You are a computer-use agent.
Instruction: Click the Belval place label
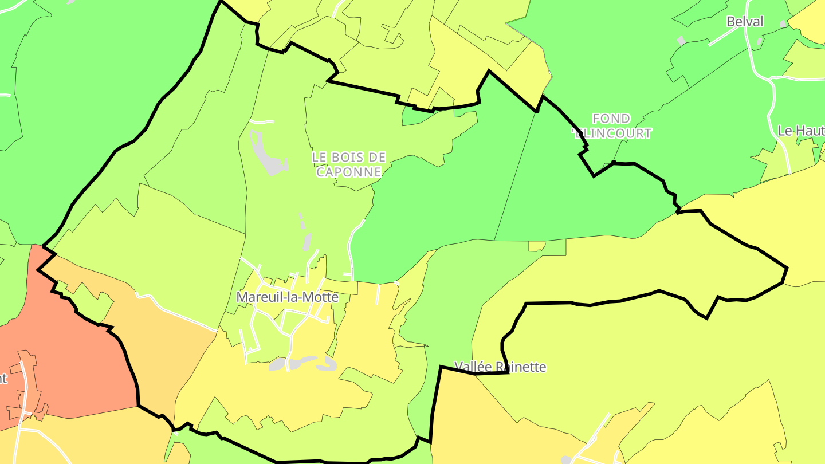[745, 22]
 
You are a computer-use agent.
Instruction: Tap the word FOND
[611, 119]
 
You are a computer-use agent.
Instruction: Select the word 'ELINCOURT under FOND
[612, 133]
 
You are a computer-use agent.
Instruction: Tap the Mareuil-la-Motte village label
[287, 298]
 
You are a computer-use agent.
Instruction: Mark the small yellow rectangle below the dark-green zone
[537, 246]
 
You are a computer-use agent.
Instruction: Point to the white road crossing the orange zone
[178, 312]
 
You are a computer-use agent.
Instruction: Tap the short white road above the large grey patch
[262, 121]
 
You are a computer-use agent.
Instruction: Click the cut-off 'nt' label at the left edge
[3, 378]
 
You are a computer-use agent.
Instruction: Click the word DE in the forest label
[378, 156]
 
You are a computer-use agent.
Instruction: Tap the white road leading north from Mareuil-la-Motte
[351, 246]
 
